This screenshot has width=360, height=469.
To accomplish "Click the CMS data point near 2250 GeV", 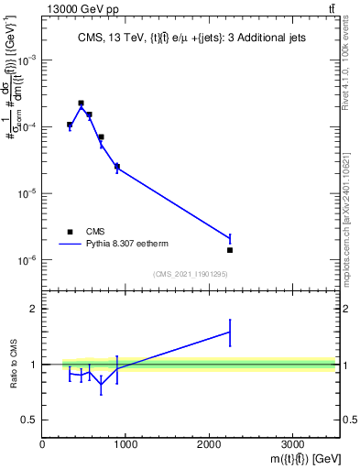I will click(230, 250).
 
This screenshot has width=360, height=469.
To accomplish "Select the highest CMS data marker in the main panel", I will click(81, 104).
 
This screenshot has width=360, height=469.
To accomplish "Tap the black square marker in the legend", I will click(70, 232).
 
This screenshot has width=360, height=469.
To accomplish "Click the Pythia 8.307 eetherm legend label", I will click(131, 244).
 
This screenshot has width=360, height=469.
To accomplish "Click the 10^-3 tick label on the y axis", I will click(26, 60).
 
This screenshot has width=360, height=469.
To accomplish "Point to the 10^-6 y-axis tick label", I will click(26, 261).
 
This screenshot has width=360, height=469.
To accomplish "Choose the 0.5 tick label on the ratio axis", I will click(28, 420).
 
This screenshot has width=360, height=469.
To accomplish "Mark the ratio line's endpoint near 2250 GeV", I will click(230, 332).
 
